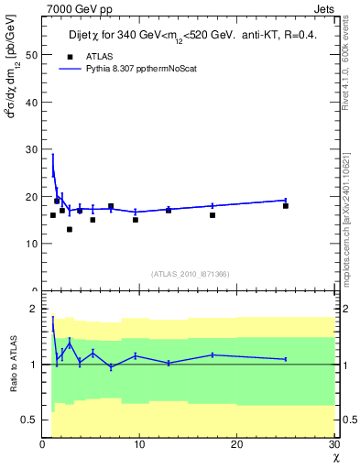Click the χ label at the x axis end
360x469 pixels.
[x=336, y=456]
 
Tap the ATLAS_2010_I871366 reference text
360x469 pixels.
[x=190, y=274]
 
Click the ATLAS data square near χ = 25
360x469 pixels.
[x=286, y=206]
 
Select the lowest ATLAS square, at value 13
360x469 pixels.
[x=70, y=229]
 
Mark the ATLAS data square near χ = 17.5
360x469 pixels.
[x=213, y=215]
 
